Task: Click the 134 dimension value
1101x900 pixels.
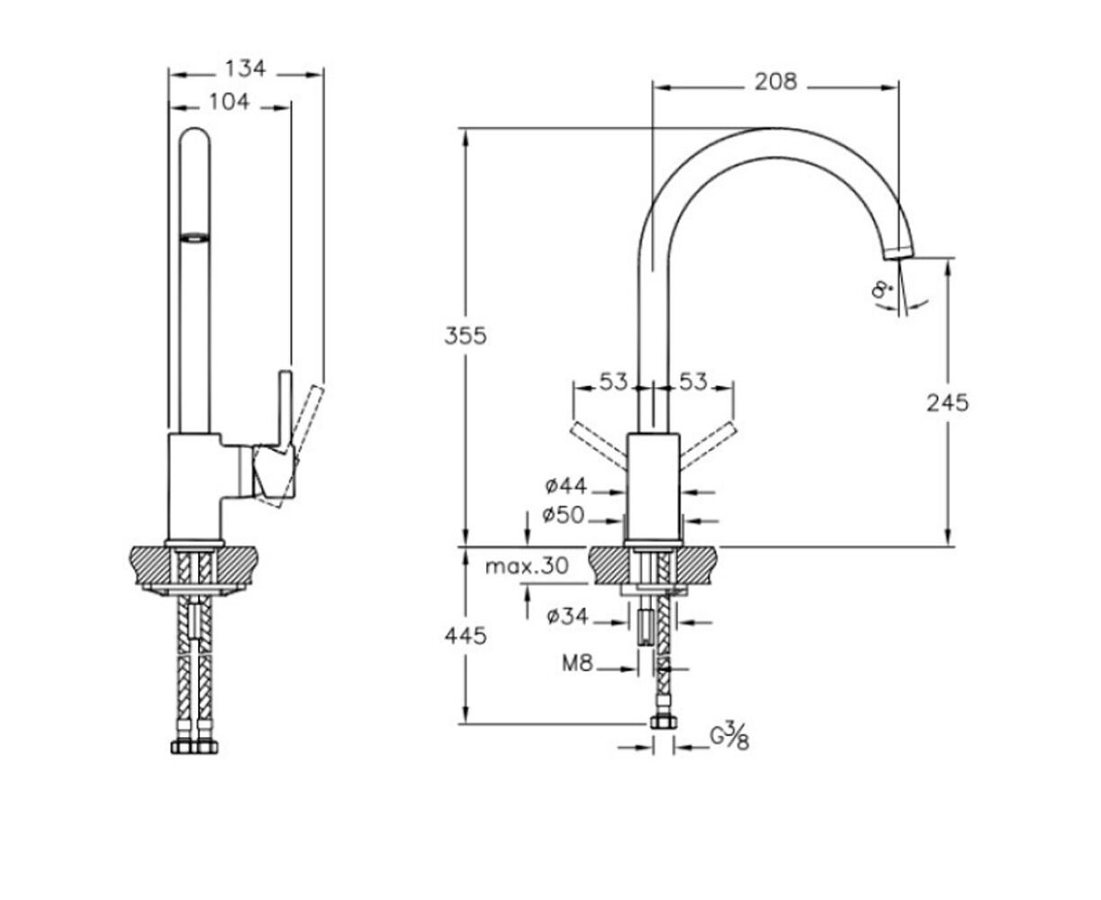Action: [246, 68]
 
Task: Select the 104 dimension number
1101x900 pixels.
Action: [230, 102]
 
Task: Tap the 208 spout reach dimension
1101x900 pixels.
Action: [776, 81]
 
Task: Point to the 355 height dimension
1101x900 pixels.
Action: [465, 336]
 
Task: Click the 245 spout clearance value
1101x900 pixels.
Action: [947, 402]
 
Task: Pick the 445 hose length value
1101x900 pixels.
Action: [465, 635]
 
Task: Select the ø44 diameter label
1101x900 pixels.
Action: [566, 487]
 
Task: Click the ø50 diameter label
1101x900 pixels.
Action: [563, 516]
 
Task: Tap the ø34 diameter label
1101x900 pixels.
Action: [567, 616]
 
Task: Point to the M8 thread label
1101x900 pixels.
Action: [577, 663]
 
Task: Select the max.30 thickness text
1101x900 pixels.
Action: [527, 566]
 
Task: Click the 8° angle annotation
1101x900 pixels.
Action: [882, 289]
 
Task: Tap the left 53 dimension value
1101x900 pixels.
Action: [613, 382]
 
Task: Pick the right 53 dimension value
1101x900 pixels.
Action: [693, 382]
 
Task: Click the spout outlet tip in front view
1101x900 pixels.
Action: [899, 253]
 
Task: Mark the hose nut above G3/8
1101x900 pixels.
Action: [663, 723]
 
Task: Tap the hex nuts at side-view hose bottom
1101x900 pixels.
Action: [194, 748]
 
